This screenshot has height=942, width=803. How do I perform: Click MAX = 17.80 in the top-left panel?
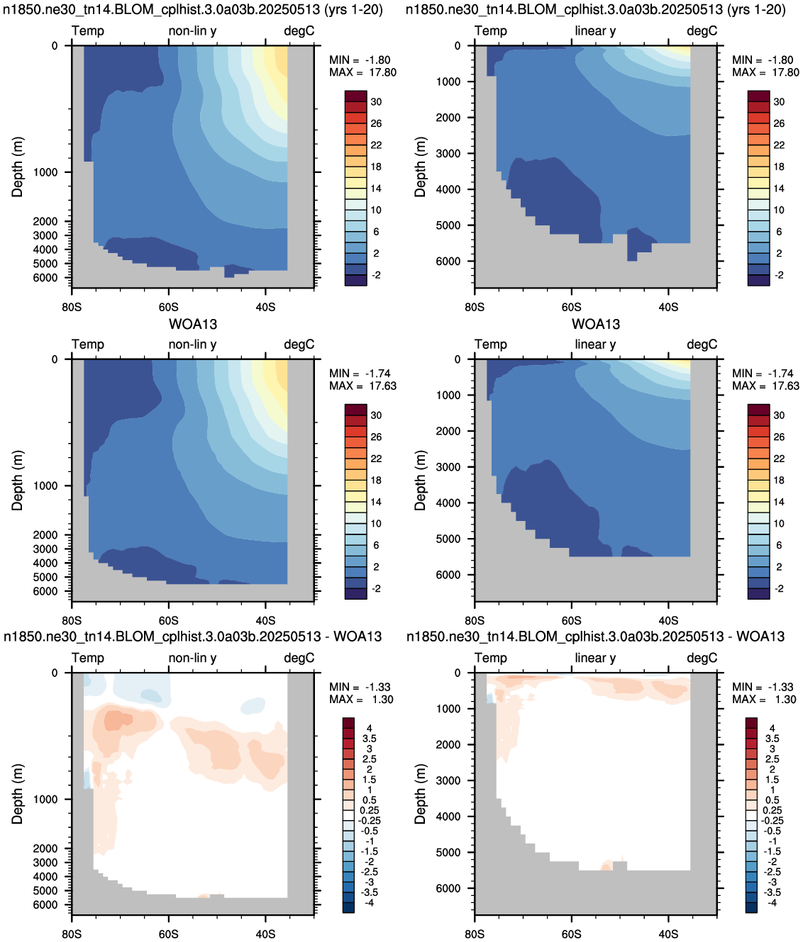click(x=362, y=72)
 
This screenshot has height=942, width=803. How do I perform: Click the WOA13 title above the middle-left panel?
click(x=193, y=325)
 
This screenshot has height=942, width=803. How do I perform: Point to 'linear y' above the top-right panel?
click(x=595, y=31)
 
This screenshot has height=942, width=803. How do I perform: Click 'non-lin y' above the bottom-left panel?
click(x=192, y=658)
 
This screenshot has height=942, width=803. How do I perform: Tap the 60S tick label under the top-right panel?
click(x=571, y=307)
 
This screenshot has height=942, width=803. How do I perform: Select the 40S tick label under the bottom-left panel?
click(x=265, y=934)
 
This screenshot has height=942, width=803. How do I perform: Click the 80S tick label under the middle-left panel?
click(x=72, y=621)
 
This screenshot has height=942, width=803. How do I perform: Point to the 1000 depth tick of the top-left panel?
click(x=45, y=172)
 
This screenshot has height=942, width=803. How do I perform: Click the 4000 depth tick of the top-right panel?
click(x=449, y=189)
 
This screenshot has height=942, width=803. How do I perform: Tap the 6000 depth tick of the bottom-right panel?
click(x=449, y=888)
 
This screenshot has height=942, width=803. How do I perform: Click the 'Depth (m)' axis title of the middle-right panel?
click(x=420, y=481)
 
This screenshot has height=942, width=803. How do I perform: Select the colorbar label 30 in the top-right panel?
click(x=780, y=102)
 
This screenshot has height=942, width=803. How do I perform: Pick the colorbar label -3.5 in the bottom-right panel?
click(x=772, y=892)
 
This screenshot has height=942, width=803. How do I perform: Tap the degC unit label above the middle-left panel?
click(x=299, y=344)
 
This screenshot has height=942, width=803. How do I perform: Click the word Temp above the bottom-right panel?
click(x=491, y=658)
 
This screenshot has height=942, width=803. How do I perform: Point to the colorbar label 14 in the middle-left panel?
click(x=376, y=503)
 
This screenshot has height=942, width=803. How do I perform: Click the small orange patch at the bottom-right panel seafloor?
click(x=607, y=865)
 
